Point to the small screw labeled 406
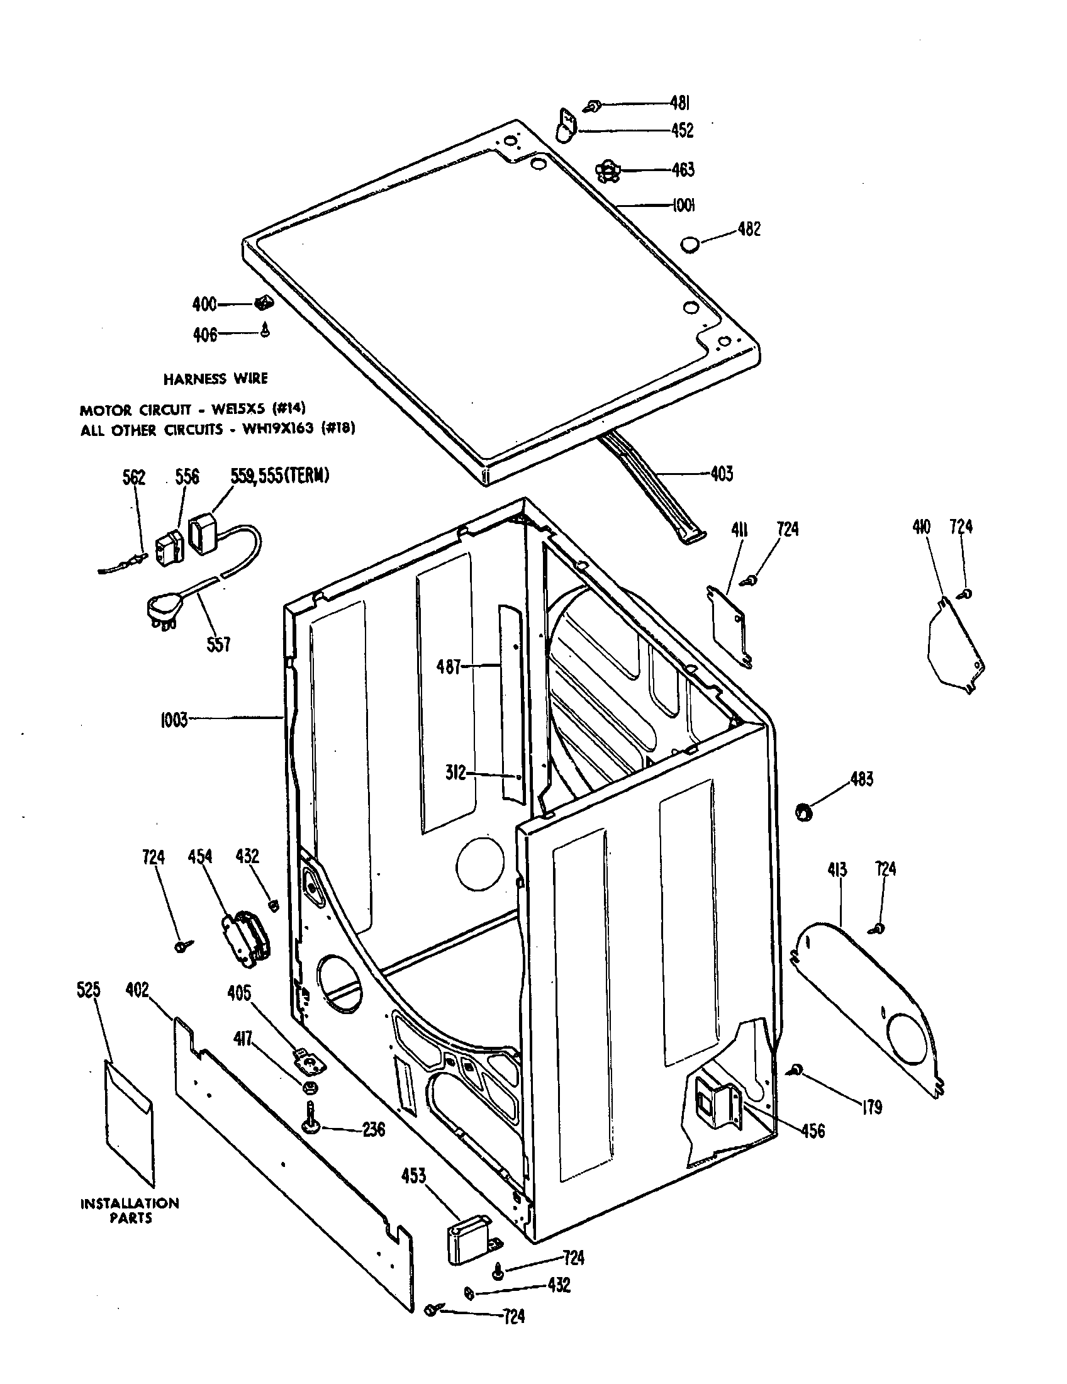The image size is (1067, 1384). coord(265,330)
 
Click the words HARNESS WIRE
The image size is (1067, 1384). coord(215,379)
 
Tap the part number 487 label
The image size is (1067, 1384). coord(448,667)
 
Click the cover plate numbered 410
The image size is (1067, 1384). coord(954,646)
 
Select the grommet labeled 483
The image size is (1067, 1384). coord(804,812)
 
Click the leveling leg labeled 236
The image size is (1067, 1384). coord(310,1124)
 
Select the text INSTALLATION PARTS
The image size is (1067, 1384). coord(129,1210)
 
